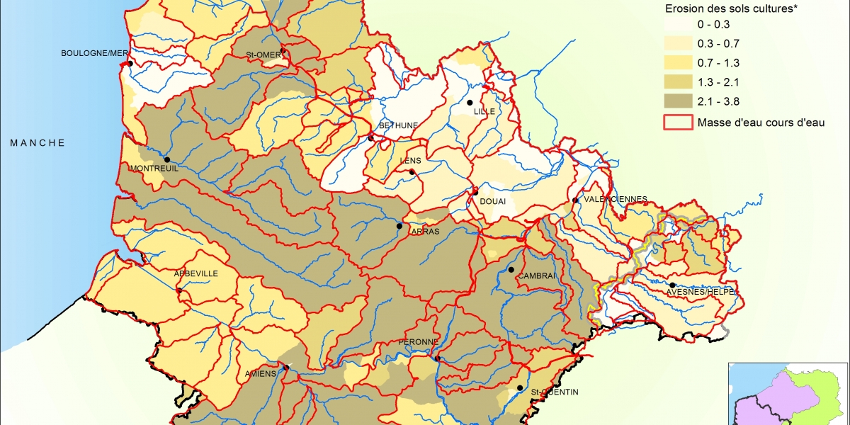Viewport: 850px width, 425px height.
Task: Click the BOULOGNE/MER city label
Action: pyautogui.click(x=93, y=54)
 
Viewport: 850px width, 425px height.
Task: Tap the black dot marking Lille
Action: pyautogui.click(x=469, y=103)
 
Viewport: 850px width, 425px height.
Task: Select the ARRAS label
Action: pyautogui.click(x=425, y=232)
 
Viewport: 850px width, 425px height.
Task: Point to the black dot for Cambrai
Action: pyautogui.click(x=511, y=270)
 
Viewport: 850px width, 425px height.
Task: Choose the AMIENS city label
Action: pyautogui.click(x=261, y=374)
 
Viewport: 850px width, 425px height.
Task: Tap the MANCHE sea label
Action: pyautogui.click(x=38, y=143)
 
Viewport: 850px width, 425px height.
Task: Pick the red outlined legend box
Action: pyautogui.click(x=679, y=122)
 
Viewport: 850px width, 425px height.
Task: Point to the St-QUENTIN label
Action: pyautogui.click(x=555, y=392)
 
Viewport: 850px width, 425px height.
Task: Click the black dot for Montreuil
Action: pyautogui.click(x=167, y=159)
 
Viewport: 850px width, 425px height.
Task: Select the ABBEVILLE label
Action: pyautogui.click(x=196, y=273)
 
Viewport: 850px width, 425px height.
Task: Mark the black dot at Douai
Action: pyautogui.click(x=476, y=192)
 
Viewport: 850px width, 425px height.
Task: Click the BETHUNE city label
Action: pyautogui.click(x=399, y=125)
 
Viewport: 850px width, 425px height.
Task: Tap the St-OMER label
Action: pyautogui.click(x=263, y=55)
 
